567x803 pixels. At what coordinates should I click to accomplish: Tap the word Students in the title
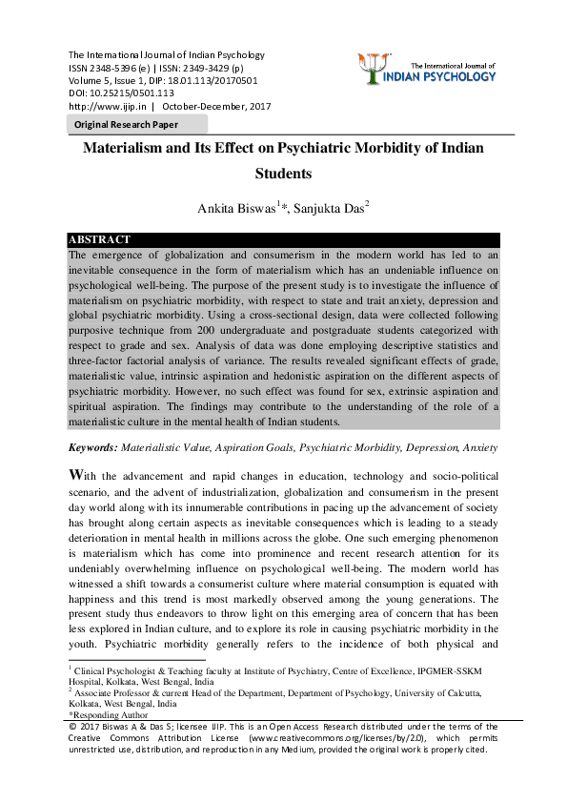pyautogui.click(x=284, y=175)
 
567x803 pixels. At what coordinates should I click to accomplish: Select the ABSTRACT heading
pyautogui.click(x=100, y=239)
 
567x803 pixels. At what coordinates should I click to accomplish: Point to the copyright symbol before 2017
pyautogui.click(x=72, y=727)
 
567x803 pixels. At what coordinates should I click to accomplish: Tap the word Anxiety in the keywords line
pyautogui.click(x=480, y=447)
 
